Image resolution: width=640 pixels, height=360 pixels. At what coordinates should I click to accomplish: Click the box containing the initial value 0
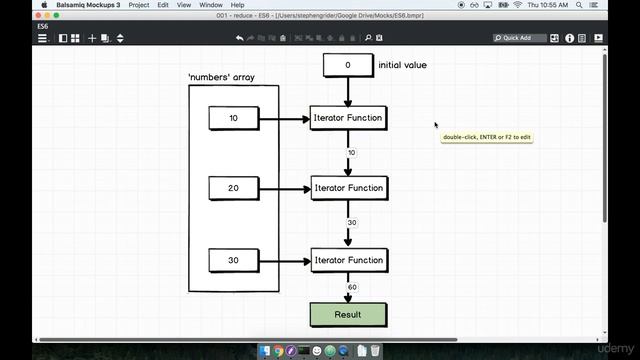click(x=348, y=65)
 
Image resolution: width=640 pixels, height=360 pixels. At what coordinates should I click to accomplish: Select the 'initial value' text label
click(x=402, y=65)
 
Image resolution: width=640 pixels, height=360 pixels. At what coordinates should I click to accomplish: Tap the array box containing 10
click(x=234, y=118)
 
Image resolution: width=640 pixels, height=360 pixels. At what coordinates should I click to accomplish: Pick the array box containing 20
click(x=234, y=188)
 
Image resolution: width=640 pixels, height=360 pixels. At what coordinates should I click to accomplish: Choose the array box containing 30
click(x=234, y=260)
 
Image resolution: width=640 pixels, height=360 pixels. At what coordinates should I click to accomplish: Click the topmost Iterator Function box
click(x=348, y=118)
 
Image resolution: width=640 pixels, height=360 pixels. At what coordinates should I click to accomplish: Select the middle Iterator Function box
click(x=348, y=188)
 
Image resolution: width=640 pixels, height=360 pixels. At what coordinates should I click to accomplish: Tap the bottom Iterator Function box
click(x=348, y=260)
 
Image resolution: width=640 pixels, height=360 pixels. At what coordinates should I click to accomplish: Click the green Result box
click(x=348, y=314)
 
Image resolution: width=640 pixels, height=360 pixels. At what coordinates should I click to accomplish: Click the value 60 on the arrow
click(x=352, y=287)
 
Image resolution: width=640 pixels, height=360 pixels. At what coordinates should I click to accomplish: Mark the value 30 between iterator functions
click(x=352, y=223)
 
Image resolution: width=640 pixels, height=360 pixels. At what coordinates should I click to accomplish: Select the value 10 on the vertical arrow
click(x=352, y=153)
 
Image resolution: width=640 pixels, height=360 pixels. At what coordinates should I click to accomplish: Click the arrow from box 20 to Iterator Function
click(x=285, y=188)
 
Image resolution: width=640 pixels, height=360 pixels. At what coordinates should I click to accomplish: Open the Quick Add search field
click(x=523, y=38)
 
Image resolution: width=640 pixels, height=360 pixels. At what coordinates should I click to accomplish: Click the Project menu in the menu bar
click(x=138, y=5)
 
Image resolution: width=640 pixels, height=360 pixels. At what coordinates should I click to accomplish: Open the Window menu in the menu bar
click(x=211, y=5)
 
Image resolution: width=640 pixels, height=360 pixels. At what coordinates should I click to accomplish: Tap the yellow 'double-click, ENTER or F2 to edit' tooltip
click(x=487, y=136)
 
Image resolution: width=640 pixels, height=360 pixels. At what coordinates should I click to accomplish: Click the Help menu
click(x=238, y=5)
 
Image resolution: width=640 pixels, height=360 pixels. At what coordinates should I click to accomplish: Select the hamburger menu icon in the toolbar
click(x=42, y=38)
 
